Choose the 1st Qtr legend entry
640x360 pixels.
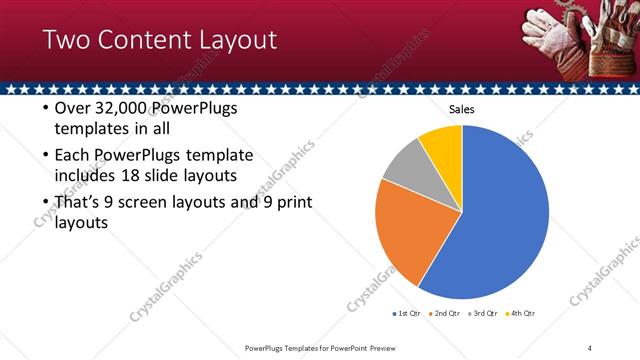coord(409,314)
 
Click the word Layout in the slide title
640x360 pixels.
coord(236,41)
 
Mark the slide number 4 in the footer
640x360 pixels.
coord(590,348)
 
